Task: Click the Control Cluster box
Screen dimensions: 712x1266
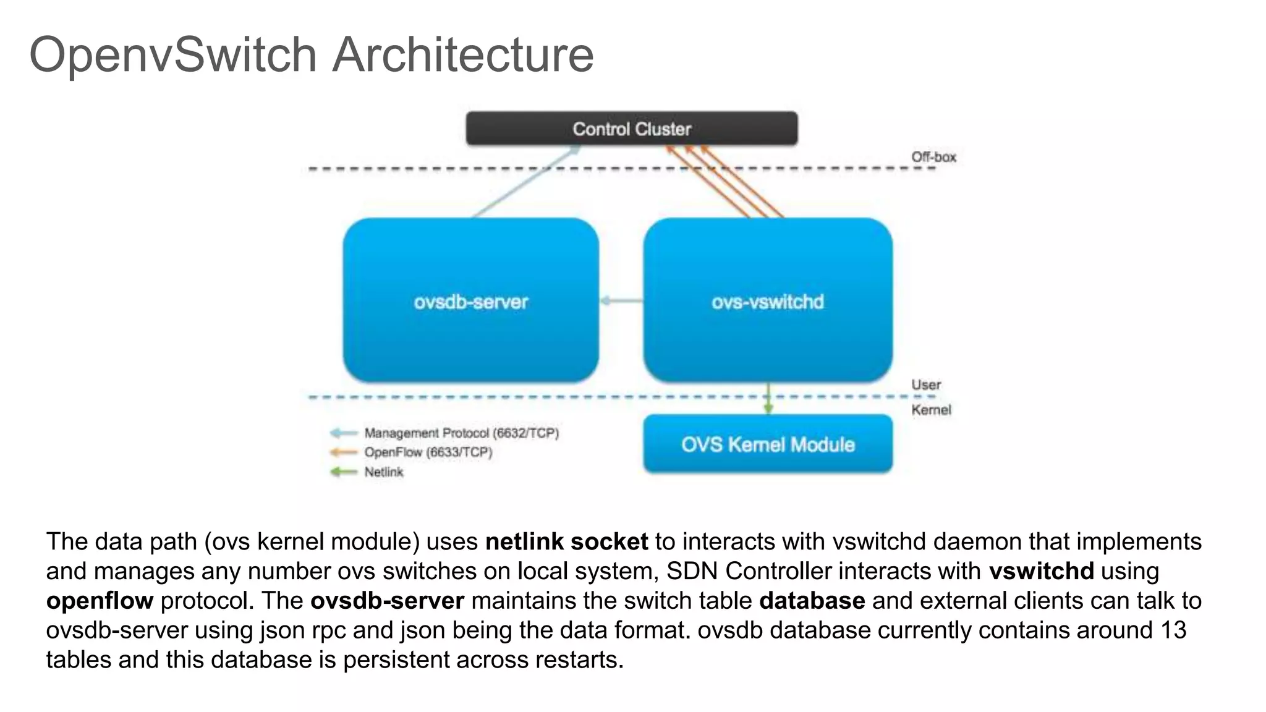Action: pyautogui.click(x=631, y=129)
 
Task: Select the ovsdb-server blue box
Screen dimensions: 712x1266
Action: pyautogui.click(x=470, y=301)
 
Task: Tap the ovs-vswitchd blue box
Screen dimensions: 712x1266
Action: pyautogui.click(x=767, y=301)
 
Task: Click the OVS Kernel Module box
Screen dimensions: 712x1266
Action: pyautogui.click(x=767, y=444)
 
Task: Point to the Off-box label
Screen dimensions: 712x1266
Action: pyautogui.click(x=933, y=157)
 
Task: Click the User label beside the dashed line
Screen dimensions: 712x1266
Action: pyautogui.click(x=925, y=384)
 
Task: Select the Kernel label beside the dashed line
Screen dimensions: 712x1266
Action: pyautogui.click(x=930, y=410)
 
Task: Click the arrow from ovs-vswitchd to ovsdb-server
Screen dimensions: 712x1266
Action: pyautogui.click(x=621, y=301)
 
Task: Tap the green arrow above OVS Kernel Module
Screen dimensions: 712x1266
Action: pyautogui.click(x=768, y=399)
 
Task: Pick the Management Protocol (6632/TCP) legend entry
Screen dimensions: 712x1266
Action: pyautogui.click(x=461, y=433)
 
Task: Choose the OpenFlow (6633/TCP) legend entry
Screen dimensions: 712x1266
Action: pyautogui.click(x=428, y=452)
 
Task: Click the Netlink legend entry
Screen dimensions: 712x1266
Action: pyautogui.click(x=383, y=472)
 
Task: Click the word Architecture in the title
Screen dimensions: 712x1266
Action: pyautogui.click(x=462, y=54)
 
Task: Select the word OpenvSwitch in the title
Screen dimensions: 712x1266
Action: pyautogui.click(x=173, y=54)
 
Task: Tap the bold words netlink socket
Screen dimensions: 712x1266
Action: pyautogui.click(x=566, y=541)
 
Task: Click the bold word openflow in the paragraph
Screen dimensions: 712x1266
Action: pyautogui.click(x=100, y=601)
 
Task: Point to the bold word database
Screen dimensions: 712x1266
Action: pyautogui.click(x=812, y=601)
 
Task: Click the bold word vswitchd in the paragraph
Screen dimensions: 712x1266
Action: pyautogui.click(x=1041, y=571)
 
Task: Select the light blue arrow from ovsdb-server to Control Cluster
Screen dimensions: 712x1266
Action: pyautogui.click(x=525, y=182)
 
